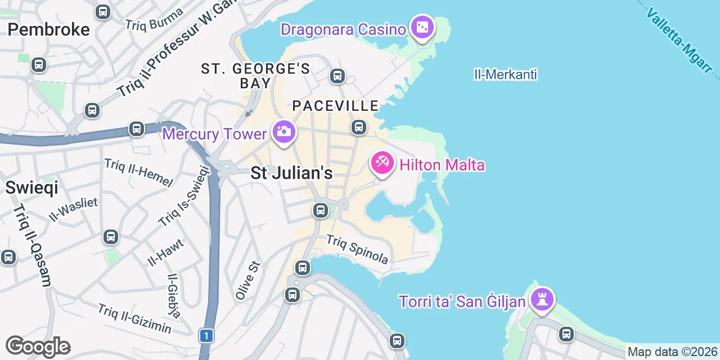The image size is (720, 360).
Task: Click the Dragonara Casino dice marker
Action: [422, 28]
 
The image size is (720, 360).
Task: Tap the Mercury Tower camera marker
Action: [283, 132]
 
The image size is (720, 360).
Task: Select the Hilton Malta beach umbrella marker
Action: [381, 163]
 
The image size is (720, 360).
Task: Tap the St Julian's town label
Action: [291, 173]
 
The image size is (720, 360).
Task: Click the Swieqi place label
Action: [31, 187]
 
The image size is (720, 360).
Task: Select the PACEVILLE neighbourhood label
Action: [335, 106]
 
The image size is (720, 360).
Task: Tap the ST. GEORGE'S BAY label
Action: [255, 76]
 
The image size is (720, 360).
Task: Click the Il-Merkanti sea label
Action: [506, 74]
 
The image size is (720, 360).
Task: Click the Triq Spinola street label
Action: [358, 249]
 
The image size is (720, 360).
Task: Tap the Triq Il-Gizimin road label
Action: [134, 318]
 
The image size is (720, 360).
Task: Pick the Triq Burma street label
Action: [155, 19]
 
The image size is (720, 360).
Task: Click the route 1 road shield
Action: [206, 336]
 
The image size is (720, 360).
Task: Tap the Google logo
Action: [38, 346]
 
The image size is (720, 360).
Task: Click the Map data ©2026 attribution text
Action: [673, 353]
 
